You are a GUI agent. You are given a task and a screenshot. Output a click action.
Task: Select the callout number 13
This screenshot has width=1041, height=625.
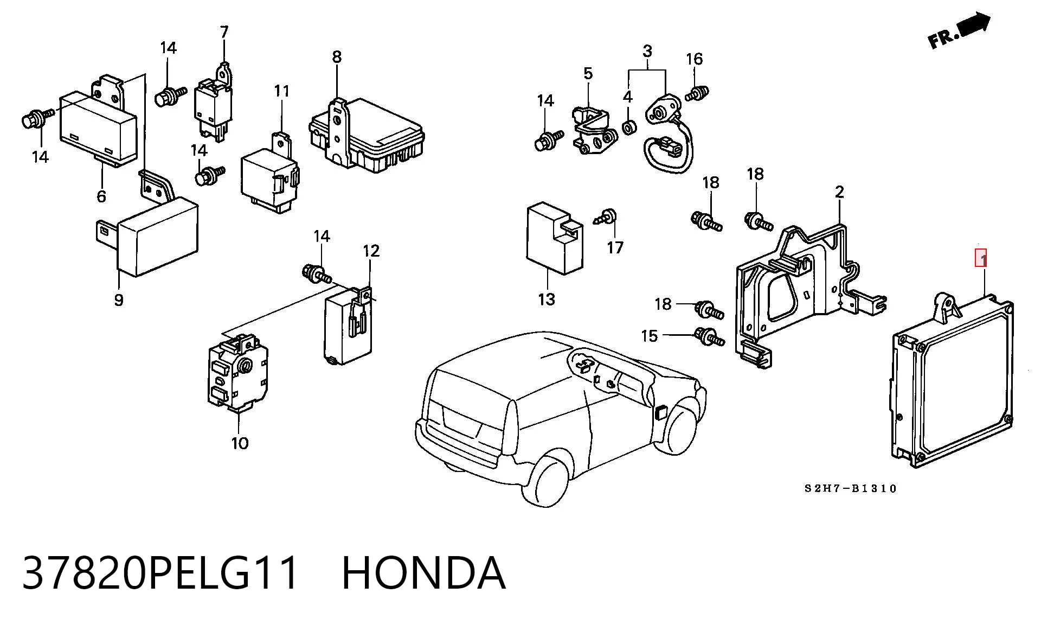click(x=547, y=299)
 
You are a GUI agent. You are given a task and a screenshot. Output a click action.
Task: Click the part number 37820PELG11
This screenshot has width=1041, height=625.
click(x=161, y=572)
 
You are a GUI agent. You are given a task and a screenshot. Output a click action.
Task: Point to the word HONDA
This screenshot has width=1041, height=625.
click(x=423, y=572)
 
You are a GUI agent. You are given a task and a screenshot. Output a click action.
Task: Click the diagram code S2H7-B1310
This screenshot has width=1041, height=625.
click(x=851, y=488)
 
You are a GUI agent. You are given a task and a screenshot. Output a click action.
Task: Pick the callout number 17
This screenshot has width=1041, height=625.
click(x=615, y=248)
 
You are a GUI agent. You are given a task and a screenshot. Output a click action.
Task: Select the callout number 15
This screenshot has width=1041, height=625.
click(x=650, y=336)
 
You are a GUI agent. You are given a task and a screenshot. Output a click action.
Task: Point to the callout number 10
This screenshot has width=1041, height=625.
click(x=240, y=443)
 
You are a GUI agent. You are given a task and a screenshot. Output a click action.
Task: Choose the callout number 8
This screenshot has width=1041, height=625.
click(x=337, y=56)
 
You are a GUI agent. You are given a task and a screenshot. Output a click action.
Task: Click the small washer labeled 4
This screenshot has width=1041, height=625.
click(x=629, y=128)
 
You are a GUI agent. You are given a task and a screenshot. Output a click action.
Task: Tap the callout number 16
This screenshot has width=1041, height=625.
click(x=695, y=59)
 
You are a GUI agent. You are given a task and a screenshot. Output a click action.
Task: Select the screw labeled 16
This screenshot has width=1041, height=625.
click(x=697, y=94)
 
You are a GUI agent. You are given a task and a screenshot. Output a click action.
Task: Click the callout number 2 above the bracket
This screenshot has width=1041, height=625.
click(x=839, y=192)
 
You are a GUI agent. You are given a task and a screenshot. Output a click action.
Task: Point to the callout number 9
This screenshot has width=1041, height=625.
click(x=119, y=299)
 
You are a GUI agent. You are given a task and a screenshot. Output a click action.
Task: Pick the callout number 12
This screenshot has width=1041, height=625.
click(x=371, y=251)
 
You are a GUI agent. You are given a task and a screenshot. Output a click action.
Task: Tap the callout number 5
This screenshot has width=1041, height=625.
click(x=588, y=73)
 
